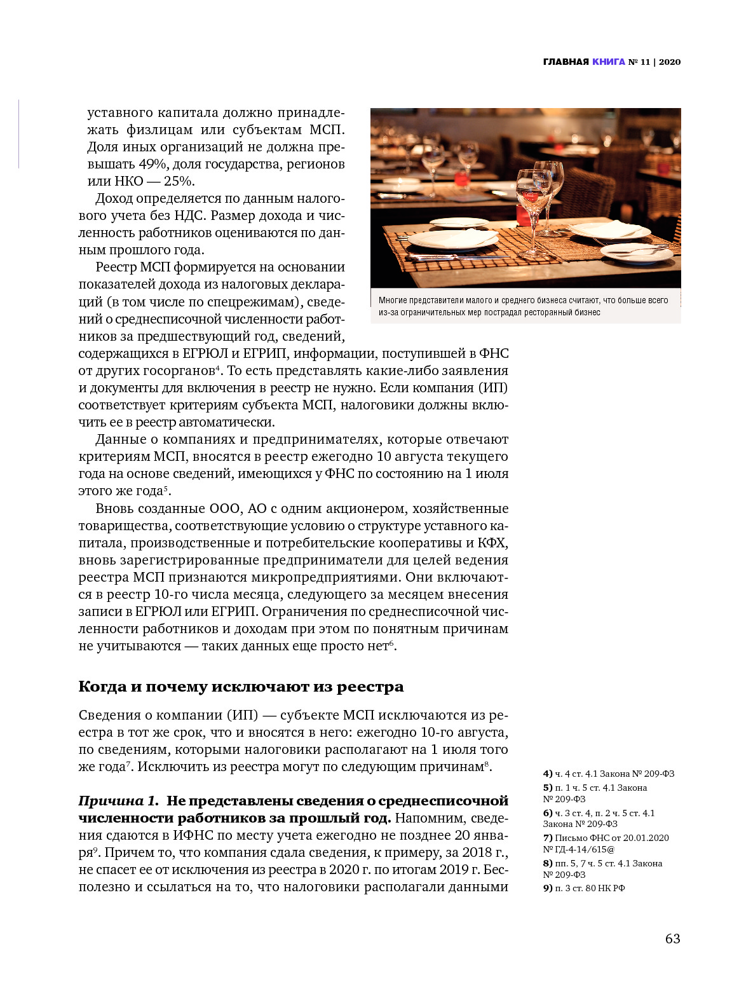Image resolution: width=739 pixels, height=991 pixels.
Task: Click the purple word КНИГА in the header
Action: click(608, 62)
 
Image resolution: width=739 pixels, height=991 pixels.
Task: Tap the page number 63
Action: click(672, 939)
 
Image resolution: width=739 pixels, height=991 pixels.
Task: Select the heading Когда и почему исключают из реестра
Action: click(241, 687)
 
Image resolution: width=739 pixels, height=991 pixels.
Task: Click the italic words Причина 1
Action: click(118, 801)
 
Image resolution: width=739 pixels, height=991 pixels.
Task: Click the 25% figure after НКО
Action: click(179, 181)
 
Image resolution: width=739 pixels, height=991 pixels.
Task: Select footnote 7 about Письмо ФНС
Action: click(606, 844)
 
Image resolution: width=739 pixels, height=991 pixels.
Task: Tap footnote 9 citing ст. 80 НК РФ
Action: click(584, 888)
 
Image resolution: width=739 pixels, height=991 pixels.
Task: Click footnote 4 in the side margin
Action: click(608, 774)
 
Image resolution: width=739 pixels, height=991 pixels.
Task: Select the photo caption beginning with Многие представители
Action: click(523, 306)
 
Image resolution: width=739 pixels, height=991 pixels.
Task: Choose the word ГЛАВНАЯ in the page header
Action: click(566, 62)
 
